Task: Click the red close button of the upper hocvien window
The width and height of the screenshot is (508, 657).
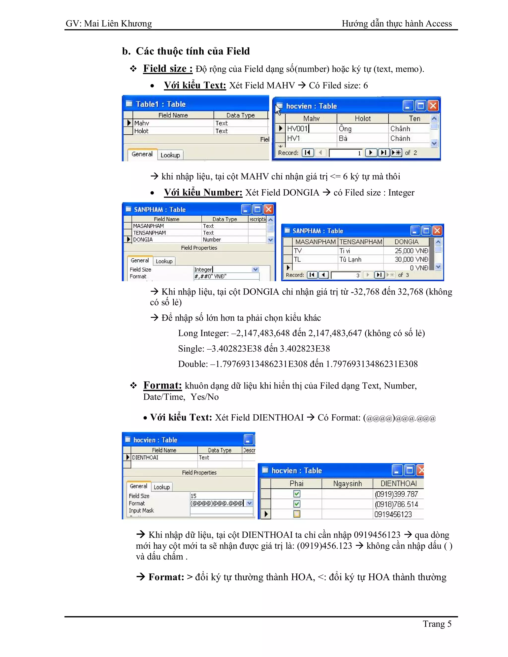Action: click(x=433, y=106)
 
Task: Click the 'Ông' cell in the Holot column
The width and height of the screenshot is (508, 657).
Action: click(x=345, y=129)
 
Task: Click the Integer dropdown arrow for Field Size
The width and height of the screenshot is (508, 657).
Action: click(x=255, y=269)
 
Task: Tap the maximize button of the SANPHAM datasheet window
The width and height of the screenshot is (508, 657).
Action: click(x=426, y=231)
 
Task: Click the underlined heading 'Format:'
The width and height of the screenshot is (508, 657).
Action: click(x=162, y=385)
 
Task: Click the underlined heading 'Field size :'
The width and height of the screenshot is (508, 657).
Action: click(x=168, y=69)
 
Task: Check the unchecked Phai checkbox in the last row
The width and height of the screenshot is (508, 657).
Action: click(x=296, y=514)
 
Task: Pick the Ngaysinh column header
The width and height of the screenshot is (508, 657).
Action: click(x=347, y=483)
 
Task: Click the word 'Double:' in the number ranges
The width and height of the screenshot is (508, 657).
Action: click(x=192, y=364)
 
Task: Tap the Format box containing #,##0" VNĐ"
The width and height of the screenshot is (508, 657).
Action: click(x=226, y=276)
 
